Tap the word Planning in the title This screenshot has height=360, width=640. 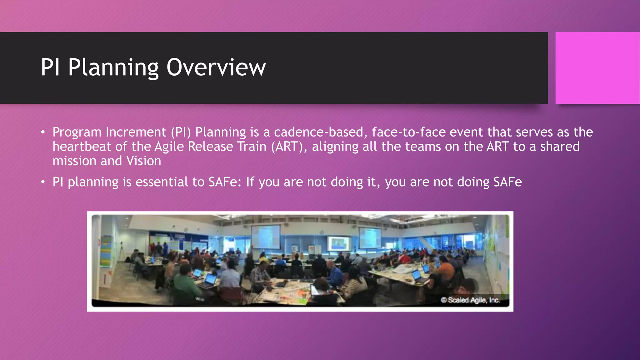113,67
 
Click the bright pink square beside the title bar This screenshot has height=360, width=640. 597,68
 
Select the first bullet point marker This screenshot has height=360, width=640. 43,132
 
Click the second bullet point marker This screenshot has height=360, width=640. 43,182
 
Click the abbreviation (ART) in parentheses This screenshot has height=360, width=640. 287,147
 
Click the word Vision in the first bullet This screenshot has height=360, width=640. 143,161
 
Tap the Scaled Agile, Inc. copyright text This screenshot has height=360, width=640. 470,300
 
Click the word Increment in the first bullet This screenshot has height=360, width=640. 136,132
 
